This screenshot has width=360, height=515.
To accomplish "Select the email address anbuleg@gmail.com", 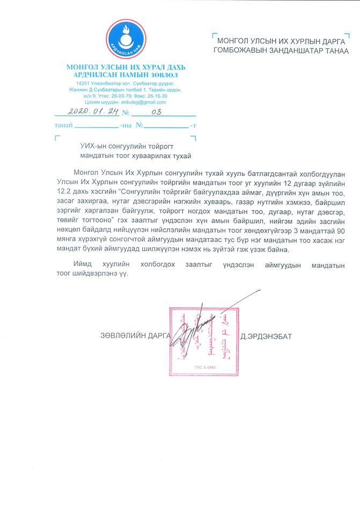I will (145, 102).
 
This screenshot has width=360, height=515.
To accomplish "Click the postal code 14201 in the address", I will (83, 84).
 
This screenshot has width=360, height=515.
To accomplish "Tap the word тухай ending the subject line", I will (180, 156).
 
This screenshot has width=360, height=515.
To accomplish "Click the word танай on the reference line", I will (64, 126).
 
